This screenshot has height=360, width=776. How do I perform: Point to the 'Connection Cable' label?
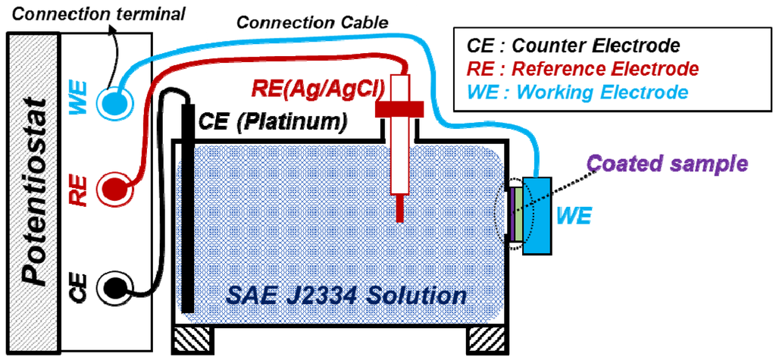point(313,22)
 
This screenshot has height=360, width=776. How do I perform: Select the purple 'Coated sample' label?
point(668,163)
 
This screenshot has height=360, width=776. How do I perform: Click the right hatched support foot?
point(485,340)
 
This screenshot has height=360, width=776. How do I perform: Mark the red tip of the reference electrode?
point(399,208)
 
